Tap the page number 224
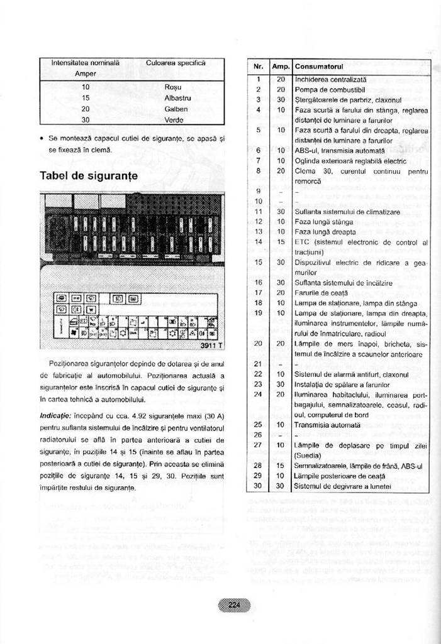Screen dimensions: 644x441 click(x=234, y=604)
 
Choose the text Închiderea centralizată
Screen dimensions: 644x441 click(x=331, y=79)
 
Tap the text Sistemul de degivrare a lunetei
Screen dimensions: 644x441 click(x=343, y=486)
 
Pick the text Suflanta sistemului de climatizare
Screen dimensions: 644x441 click(x=347, y=212)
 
